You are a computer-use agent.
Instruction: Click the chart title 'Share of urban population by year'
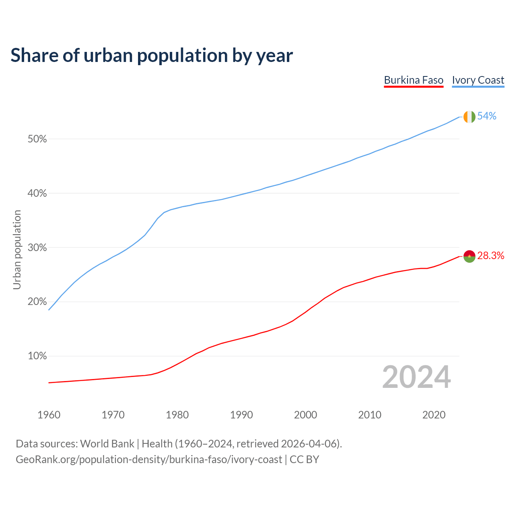click(152, 56)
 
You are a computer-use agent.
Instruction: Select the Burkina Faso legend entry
click(414, 80)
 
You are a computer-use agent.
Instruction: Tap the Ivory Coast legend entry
click(478, 80)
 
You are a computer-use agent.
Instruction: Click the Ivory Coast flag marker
click(470, 117)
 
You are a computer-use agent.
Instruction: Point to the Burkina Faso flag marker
click(470, 256)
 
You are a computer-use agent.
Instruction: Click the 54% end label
click(487, 116)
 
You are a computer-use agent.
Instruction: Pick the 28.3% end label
click(491, 256)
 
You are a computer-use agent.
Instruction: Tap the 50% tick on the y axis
click(37, 139)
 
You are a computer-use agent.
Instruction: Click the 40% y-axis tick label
click(37, 194)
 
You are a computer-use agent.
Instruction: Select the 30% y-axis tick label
click(37, 248)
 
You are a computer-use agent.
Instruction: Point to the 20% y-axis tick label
click(37, 302)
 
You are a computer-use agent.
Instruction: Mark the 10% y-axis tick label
click(37, 356)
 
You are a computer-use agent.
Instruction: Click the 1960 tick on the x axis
click(49, 415)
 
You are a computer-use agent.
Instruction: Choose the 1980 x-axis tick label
click(177, 415)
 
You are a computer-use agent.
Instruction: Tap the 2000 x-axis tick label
click(305, 415)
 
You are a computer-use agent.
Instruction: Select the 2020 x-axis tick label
click(434, 415)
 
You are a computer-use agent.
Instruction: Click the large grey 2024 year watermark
click(416, 377)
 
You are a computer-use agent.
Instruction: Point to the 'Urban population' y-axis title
click(17, 249)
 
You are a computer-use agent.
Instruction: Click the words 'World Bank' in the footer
click(107, 444)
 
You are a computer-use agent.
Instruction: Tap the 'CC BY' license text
click(304, 459)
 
